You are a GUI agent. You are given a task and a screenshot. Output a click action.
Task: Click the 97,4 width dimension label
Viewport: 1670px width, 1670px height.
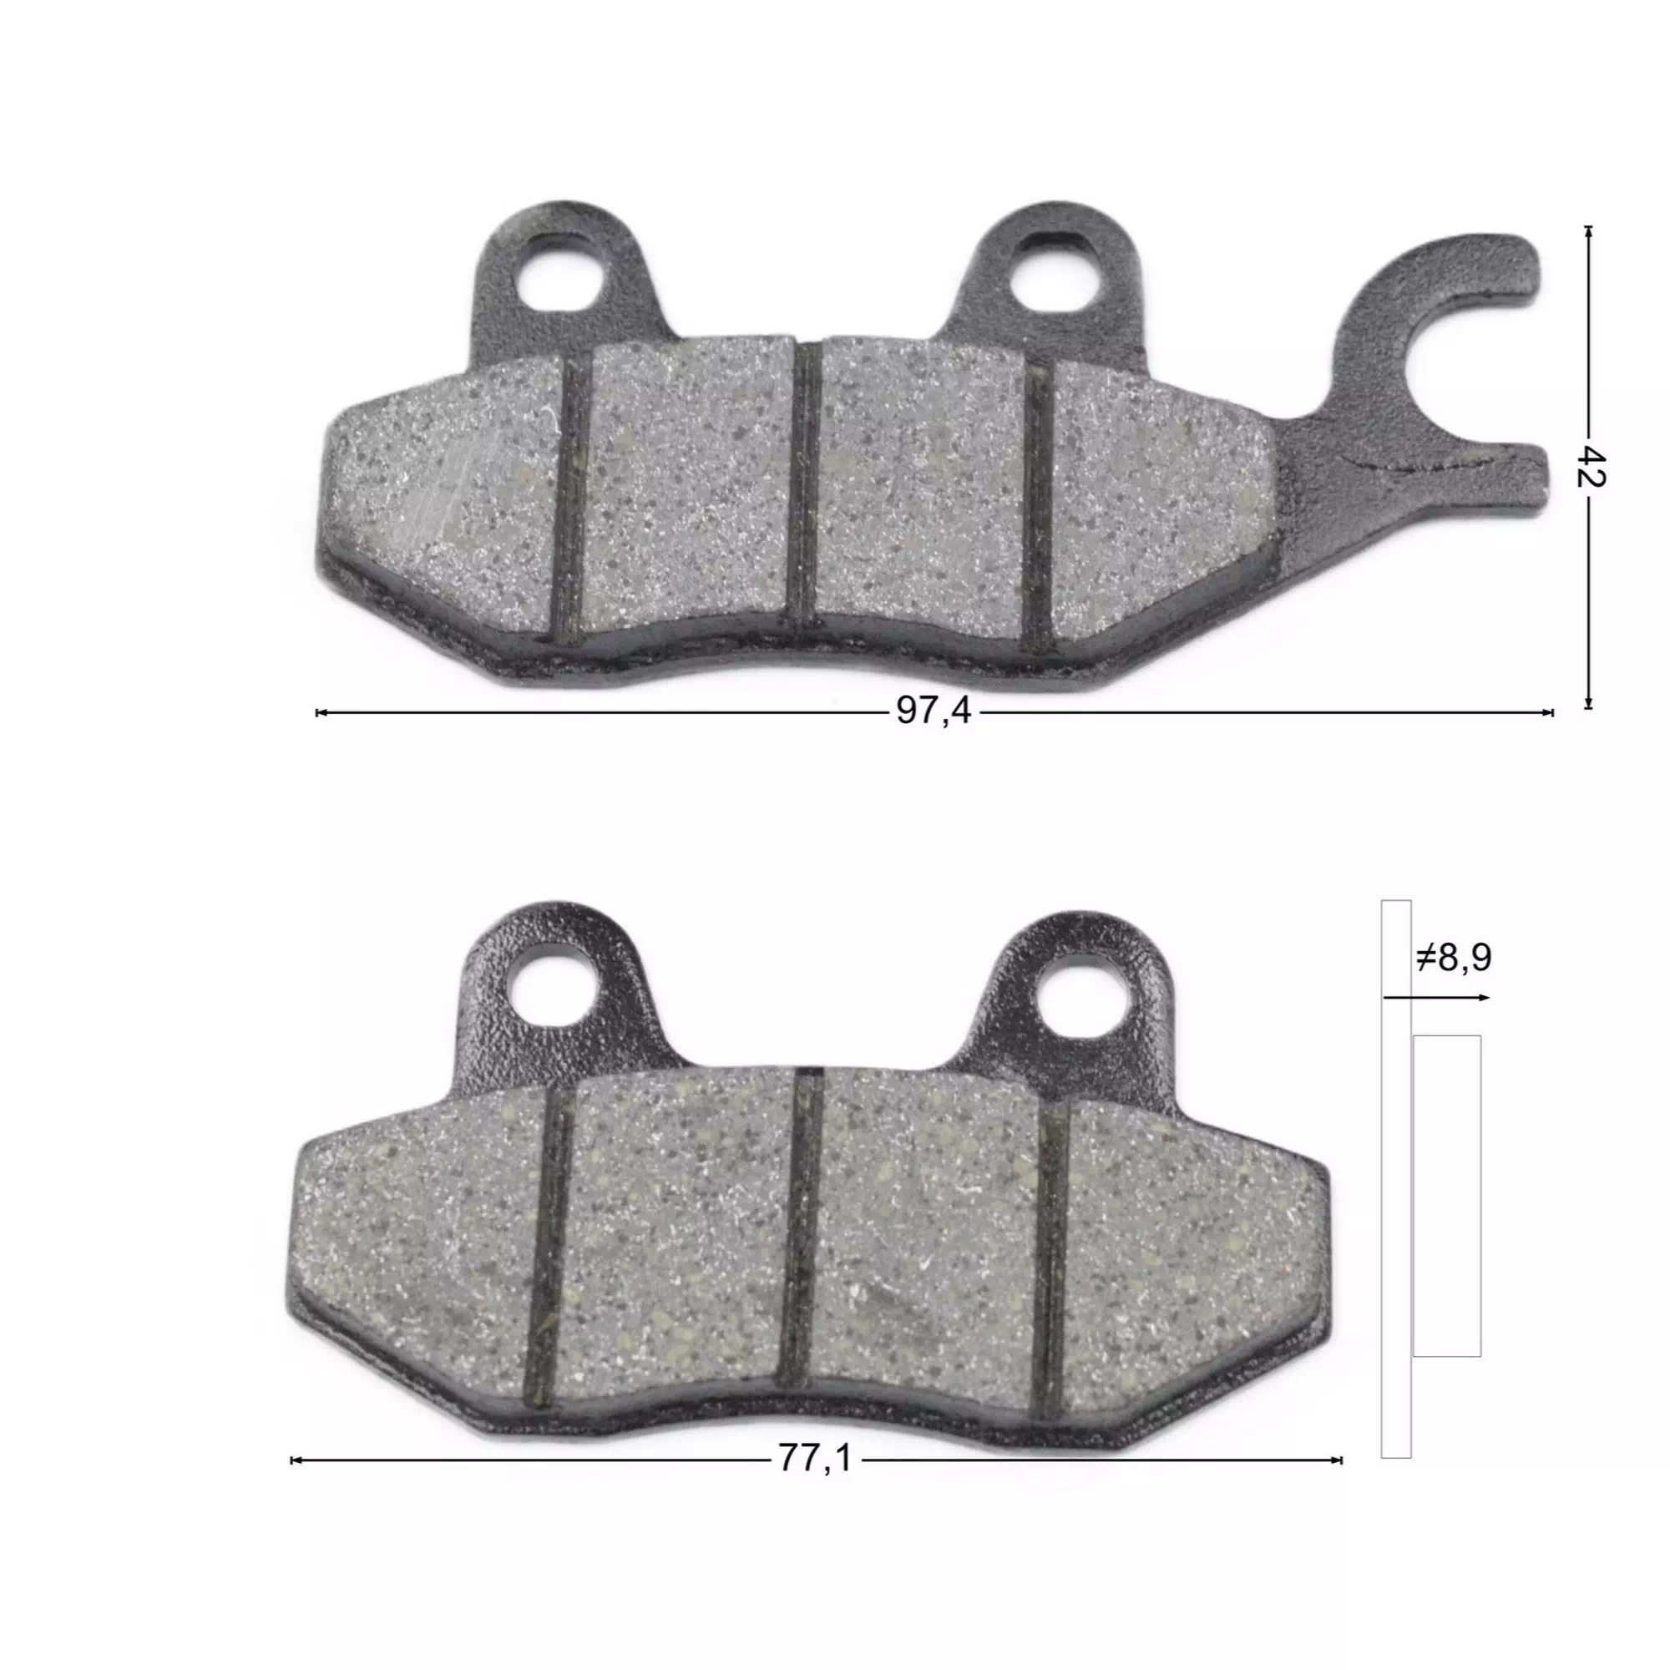pyautogui.click(x=934, y=711)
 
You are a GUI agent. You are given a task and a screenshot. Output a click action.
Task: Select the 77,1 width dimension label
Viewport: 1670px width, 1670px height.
pyautogui.click(x=814, y=1458)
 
